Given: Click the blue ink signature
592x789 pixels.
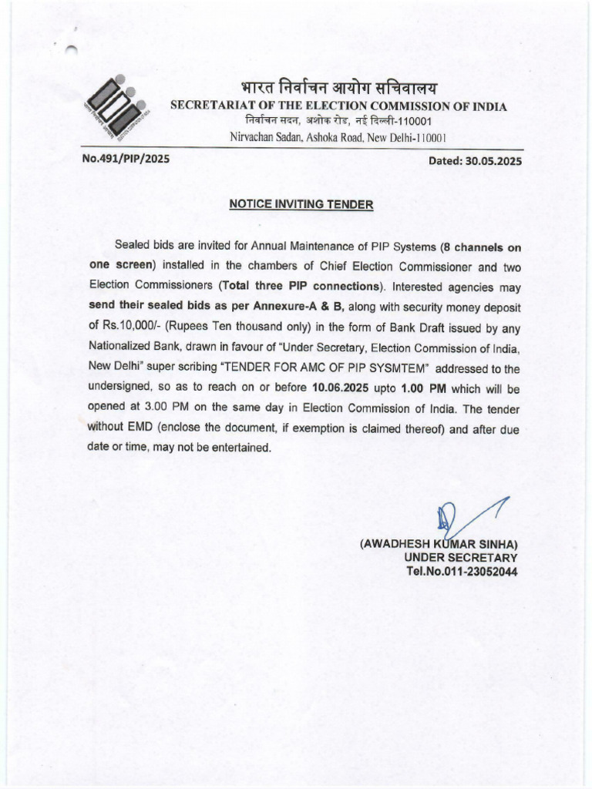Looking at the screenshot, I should pos(462,515).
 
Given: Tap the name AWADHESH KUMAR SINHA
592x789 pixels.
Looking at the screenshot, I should pos(439,544).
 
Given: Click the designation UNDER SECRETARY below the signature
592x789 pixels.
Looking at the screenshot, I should pos(460,558).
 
